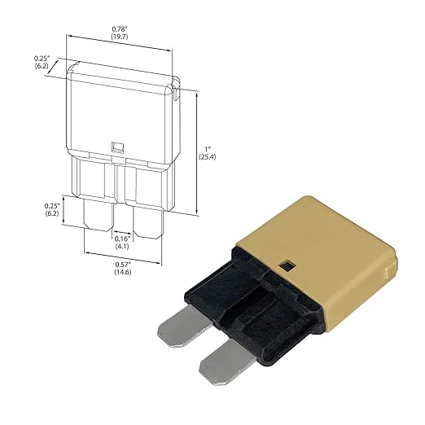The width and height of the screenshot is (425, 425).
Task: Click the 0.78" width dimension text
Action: (120, 28)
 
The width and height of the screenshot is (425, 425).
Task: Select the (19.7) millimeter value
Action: (120, 37)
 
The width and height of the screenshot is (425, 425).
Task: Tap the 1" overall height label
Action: (208, 149)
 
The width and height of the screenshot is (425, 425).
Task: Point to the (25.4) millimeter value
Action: (208, 157)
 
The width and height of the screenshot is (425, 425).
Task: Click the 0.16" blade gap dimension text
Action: (123, 239)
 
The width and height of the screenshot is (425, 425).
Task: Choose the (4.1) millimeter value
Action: (122, 246)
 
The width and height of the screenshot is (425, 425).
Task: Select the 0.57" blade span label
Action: (123, 265)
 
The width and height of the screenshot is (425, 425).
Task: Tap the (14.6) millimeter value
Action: (123, 272)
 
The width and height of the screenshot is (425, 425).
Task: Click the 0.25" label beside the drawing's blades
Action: (52, 206)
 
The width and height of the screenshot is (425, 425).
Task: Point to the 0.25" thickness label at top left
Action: (42, 59)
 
